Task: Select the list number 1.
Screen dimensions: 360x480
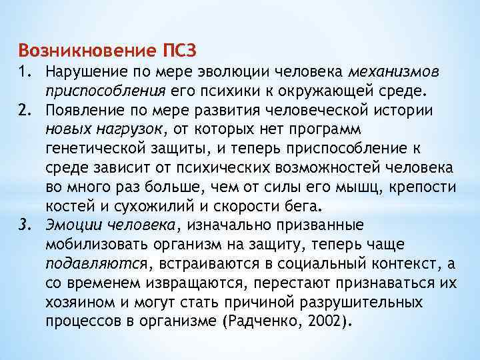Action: pos(25,71)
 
